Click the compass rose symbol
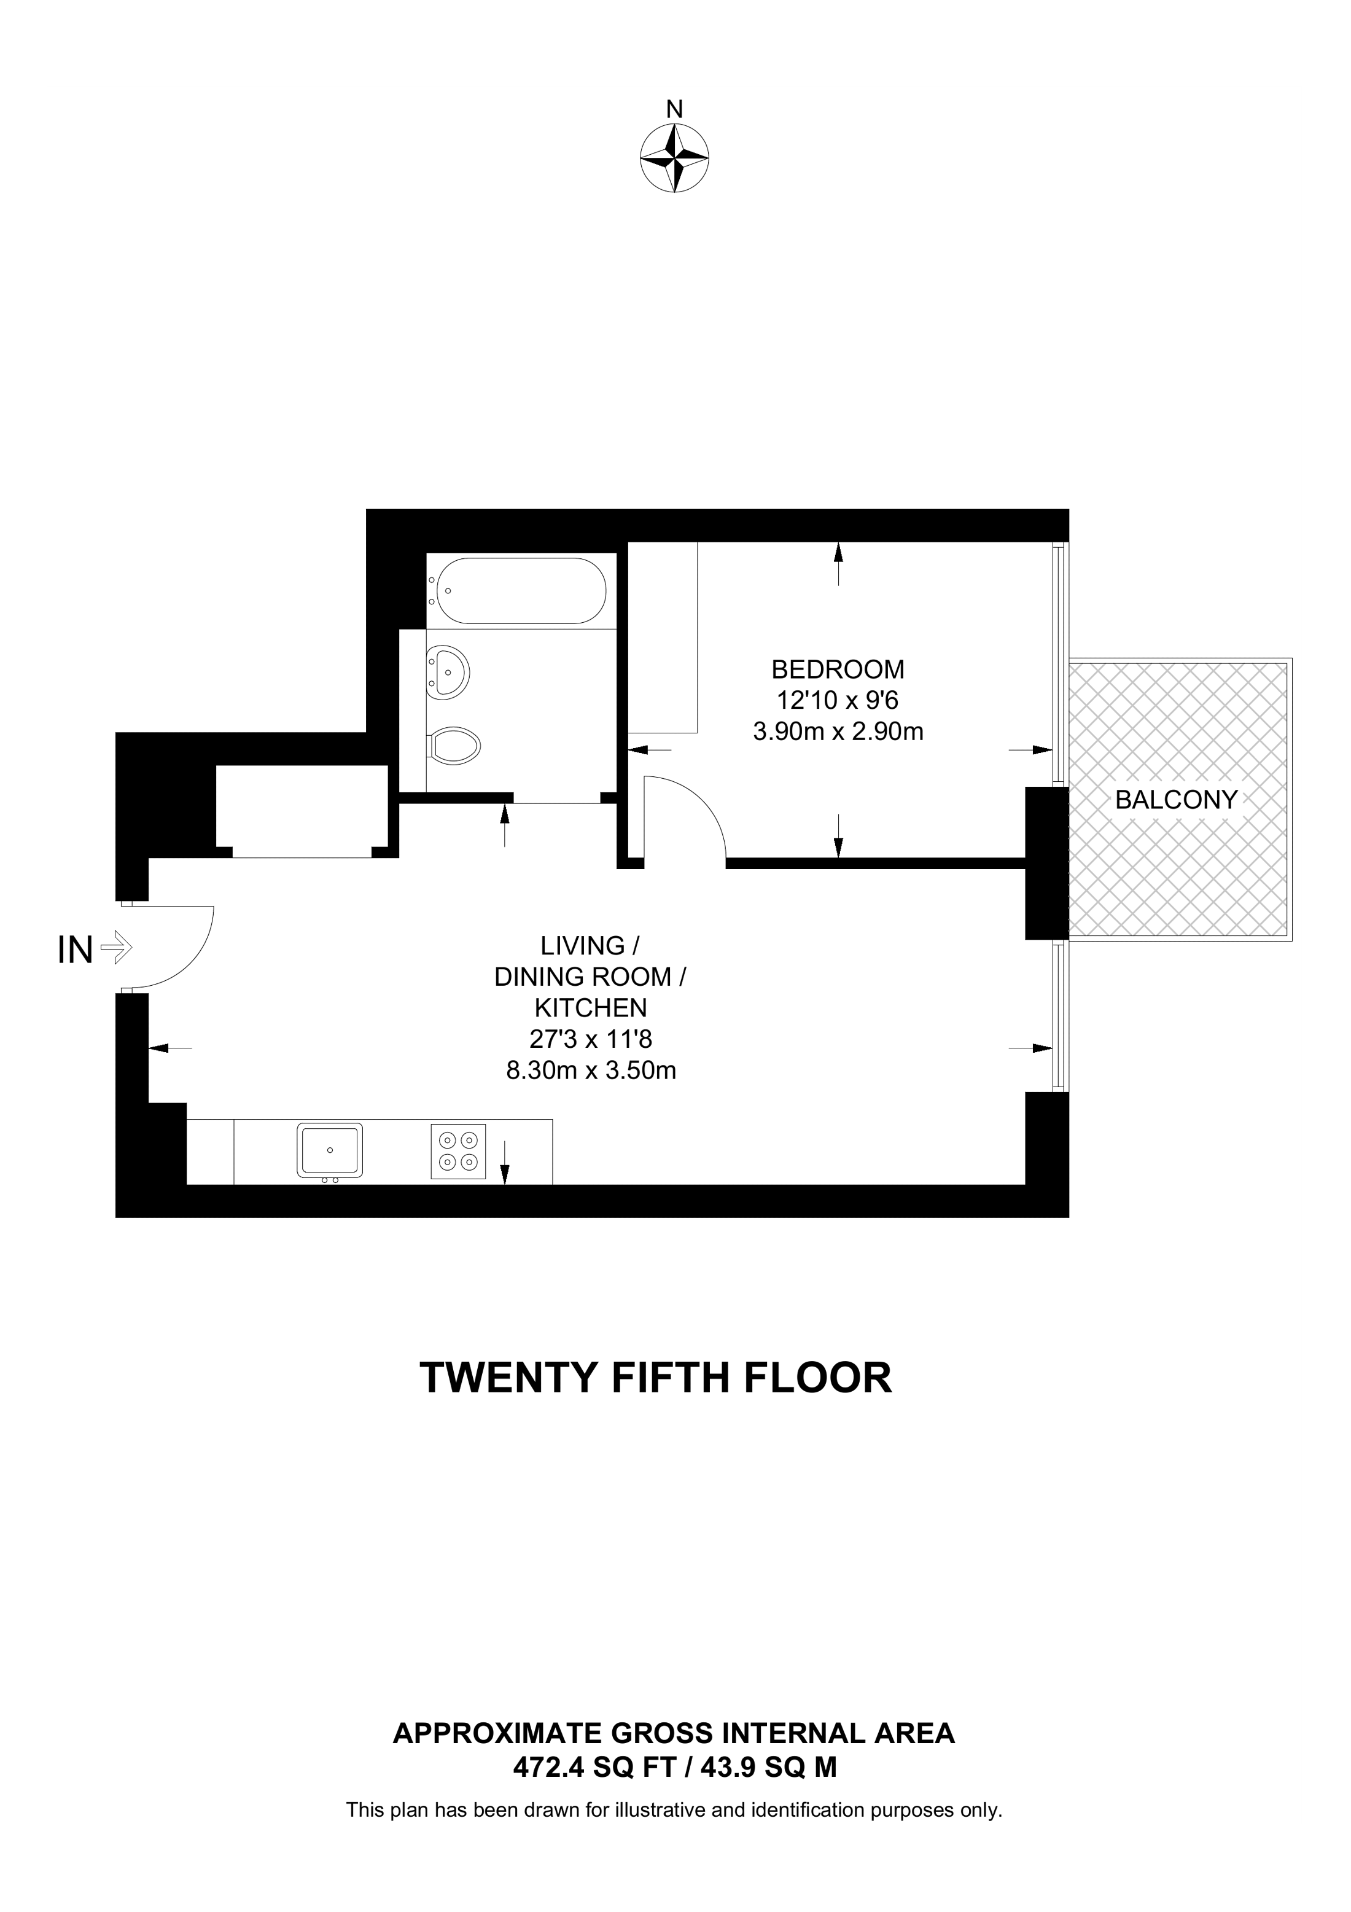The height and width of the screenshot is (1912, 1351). (674, 158)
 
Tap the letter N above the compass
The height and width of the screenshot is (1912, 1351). (674, 109)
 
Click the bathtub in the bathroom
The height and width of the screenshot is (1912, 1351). (522, 590)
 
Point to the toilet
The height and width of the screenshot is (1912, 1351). (455, 744)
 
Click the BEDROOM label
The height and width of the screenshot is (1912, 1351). (838, 669)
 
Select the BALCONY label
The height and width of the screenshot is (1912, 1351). (1176, 800)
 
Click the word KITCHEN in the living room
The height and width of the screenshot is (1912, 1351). (590, 1008)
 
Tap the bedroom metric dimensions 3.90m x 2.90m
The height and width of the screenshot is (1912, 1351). (838, 732)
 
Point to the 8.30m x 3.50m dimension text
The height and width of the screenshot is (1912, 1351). (590, 1070)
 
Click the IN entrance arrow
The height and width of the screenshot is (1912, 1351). (115, 948)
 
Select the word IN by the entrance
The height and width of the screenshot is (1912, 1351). (75, 950)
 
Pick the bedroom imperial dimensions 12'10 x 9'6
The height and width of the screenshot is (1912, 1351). (838, 700)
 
